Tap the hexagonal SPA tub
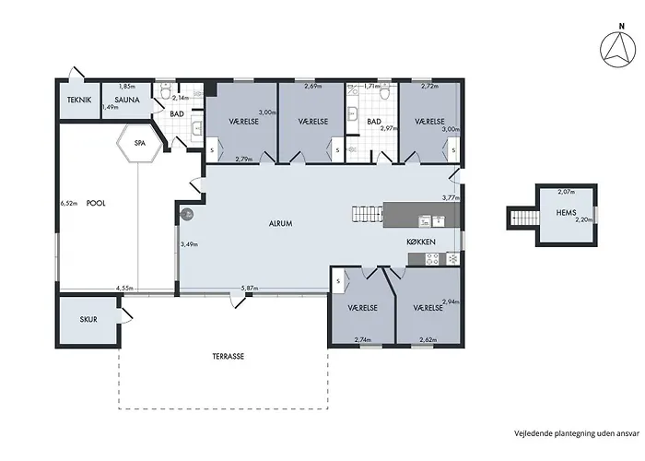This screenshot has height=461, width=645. pyautogui.click(x=139, y=143)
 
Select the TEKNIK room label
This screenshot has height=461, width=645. pyautogui.click(x=79, y=100)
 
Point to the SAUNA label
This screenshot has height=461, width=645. pyautogui.click(x=127, y=100)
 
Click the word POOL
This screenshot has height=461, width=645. pyautogui.click(x=96, y=204)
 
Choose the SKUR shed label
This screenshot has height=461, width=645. pyautogui.click(x=88, y=319)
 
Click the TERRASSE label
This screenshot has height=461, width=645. pyautogui.click(x=229, y=357)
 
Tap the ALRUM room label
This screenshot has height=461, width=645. pyautogui.click(x=280, y=224)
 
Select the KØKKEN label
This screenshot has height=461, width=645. pyautogui.click(x=421, y=242)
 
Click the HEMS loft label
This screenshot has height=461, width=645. pyautogui.click(x=566, y=213)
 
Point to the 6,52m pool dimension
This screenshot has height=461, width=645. pyautogui.click(x=69, y=203)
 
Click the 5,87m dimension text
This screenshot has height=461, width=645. pyautogui.click(x=250, y=289)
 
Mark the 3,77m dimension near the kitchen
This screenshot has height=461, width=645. pyautogui.click(x=451, y=197)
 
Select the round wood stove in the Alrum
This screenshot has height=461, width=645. pyautogui.click(x=187, y=214)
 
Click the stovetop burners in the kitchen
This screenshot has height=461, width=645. pyautogui.click(x=432, y=259)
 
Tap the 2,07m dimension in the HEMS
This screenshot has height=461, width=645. pyautogui.click(x=566, y=192)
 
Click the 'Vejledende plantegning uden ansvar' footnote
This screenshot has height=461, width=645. pyautogui.click(x=577, y=433)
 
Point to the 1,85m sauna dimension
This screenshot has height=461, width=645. pyautogui.click(x=127, y=87)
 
